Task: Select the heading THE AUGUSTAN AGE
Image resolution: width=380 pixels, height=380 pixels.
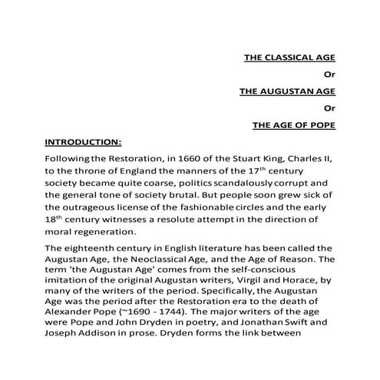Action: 287,90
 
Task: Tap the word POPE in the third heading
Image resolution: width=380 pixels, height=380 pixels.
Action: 320,124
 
